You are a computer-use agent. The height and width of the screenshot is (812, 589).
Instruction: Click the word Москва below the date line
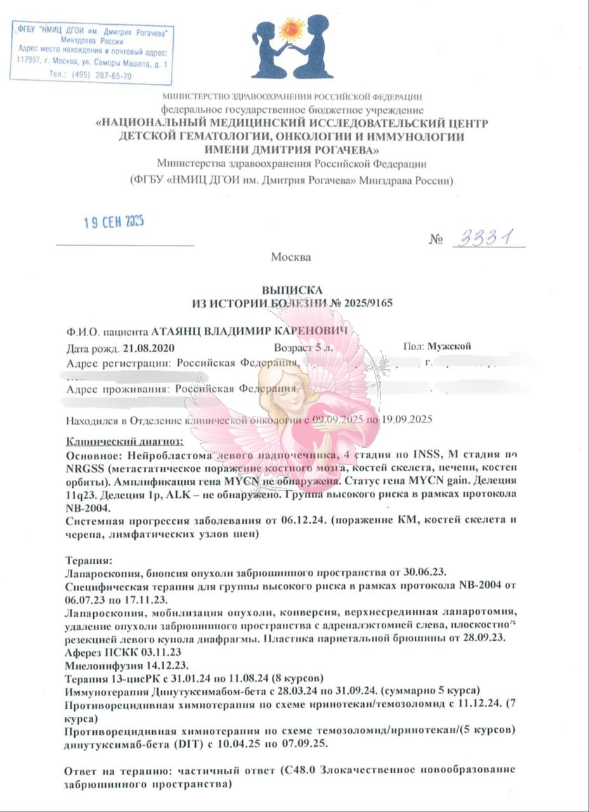291,257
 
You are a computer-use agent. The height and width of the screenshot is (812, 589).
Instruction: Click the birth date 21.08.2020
148,348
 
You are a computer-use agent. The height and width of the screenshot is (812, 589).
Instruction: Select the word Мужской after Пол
449,347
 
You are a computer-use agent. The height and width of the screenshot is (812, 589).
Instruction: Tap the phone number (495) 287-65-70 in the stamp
100,75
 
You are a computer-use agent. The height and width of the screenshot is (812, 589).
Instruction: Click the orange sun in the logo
292,29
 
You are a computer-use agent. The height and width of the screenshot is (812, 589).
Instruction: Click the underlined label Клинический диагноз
124,442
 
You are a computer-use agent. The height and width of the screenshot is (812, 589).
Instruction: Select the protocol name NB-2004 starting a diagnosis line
83,508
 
